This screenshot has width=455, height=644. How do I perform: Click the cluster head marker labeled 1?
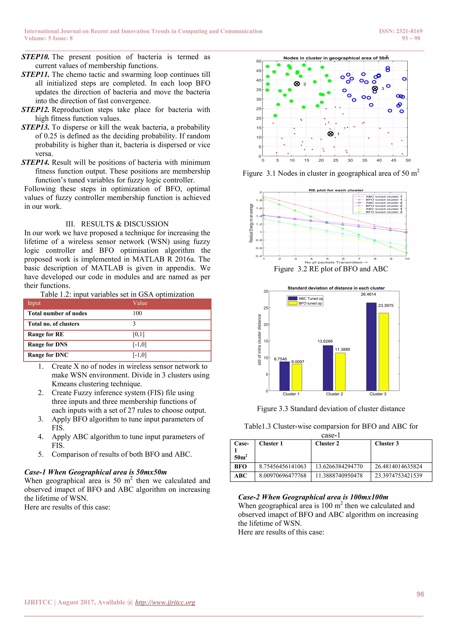pyautogui.click(x=330, y=134)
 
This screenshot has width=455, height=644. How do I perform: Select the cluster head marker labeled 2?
pyautogui.click(x=297, y=84)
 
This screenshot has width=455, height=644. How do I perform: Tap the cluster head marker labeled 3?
pyautogui.click(x=375, y=88)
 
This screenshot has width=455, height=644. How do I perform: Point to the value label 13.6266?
pyautogui.click(x=325, y=341)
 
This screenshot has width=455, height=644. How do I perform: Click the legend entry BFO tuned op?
pyautogui.click(x=310, y=303)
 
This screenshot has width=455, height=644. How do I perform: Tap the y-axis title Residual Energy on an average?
pyautogui.click(x=251, y=223)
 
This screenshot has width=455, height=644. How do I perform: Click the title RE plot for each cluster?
pyautogui.click(x=336, y=190)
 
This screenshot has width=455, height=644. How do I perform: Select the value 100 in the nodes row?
pyautogui.click(x=137, y=313)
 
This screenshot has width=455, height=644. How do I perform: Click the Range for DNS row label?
pyautogui.click(x=48, y=344)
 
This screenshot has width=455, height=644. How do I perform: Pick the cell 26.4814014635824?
pyautogui.click(x=398, y=467)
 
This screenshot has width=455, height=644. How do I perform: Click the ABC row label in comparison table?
pyautogui.click(x=240, y=476)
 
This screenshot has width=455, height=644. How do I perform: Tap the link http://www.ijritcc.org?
pyautogui.click(x=165, y=602)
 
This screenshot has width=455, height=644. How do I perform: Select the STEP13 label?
pyautogui.click(x=35, y=127)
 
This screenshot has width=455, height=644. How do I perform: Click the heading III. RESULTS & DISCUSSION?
pyautogui.click(x=117, y=224)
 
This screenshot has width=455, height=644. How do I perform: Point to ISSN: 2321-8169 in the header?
pyautogui.click(x=401, y=31)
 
